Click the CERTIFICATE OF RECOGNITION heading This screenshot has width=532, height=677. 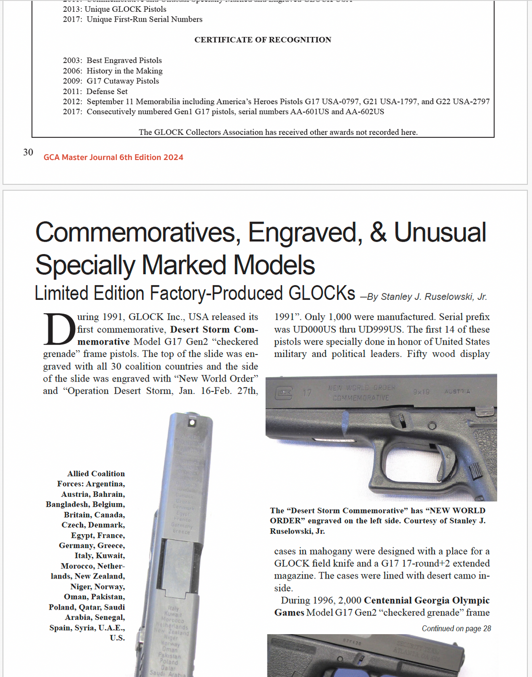[263, 40]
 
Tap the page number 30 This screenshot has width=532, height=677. [28, 153]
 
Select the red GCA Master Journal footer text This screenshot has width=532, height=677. [113, 158]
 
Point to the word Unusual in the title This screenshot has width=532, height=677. [440, 232]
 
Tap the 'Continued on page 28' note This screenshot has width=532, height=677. [456, 629]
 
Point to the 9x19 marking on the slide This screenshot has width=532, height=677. [421, 392]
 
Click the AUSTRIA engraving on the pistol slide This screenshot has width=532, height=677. [457, 391]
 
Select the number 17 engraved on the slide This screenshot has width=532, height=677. [307, 393]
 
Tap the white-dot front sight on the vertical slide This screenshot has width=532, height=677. [192, 422]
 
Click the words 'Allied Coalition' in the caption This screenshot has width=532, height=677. [96, 474]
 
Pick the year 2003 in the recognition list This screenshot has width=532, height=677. [72, 61]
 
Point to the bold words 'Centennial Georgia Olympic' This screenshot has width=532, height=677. [427, 600]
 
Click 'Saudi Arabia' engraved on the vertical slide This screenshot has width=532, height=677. [167, 673]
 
